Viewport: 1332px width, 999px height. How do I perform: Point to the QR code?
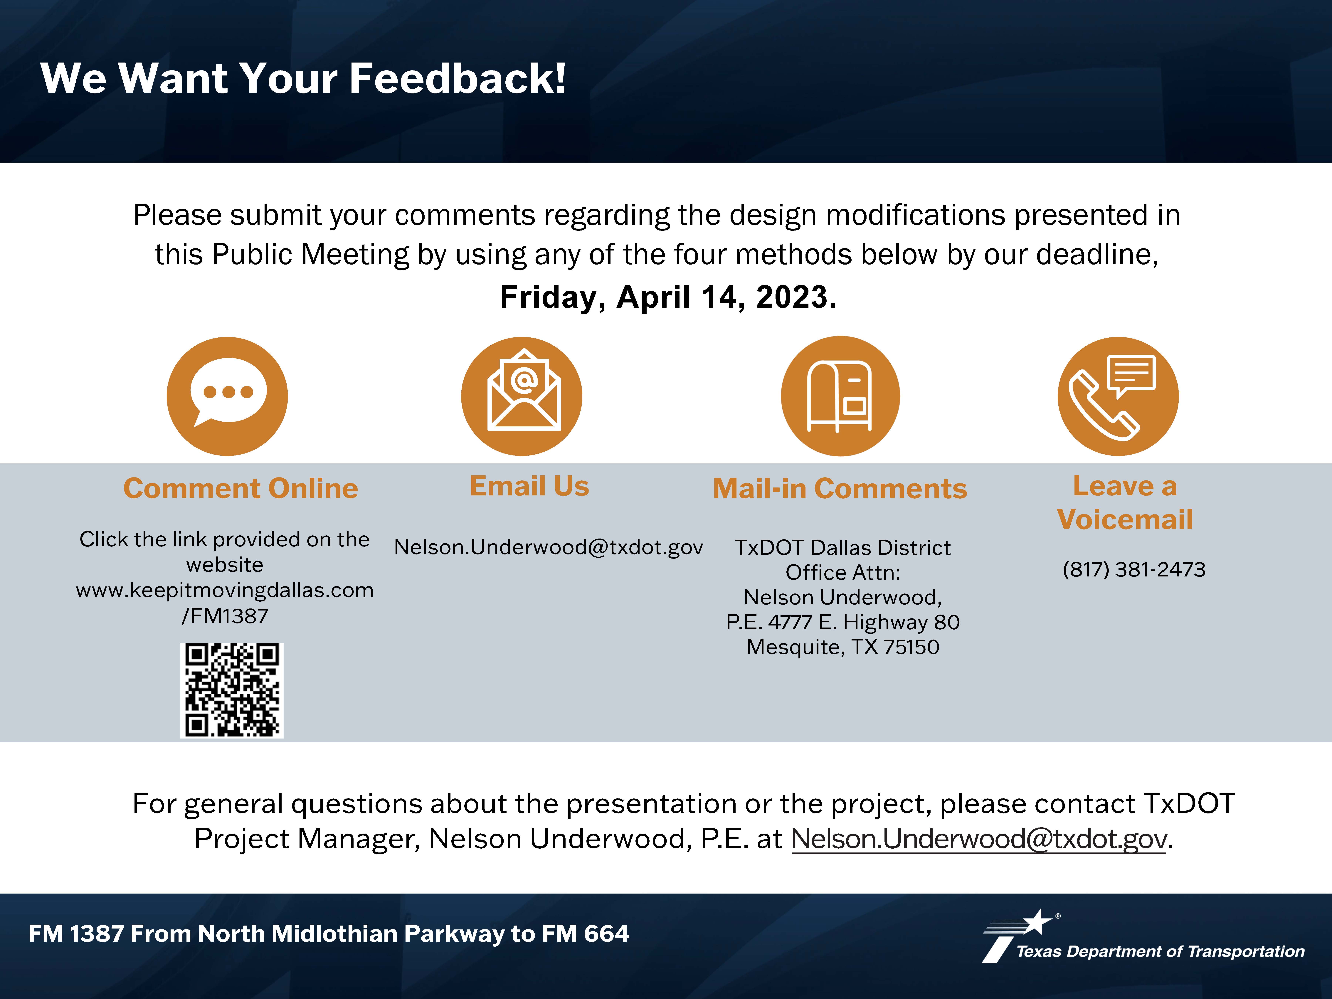point(232,690)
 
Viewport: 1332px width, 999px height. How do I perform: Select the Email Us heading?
point(529,486)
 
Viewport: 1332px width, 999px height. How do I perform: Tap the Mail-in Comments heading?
point(840,488)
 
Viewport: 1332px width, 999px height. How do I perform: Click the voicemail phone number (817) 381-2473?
point(1134,569)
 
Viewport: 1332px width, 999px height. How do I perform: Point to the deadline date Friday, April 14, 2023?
point(668,297)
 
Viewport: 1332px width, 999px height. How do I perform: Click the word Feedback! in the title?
point(458,78)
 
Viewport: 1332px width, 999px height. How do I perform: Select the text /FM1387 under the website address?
point(225,616)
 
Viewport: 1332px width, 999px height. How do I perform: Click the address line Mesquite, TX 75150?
point(843,647)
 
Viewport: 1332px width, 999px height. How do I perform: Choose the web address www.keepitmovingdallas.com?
point(225,590)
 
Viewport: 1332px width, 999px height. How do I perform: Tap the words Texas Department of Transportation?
point(1160,951)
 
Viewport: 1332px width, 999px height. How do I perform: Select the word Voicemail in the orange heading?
point(1125,519)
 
